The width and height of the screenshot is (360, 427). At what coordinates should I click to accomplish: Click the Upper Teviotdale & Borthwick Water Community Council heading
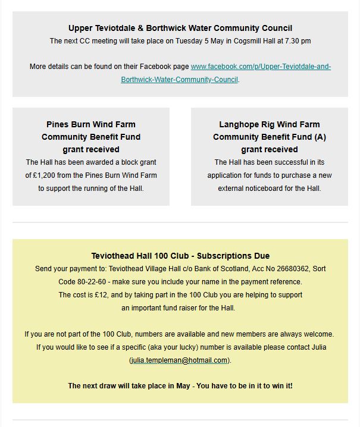[180, 28]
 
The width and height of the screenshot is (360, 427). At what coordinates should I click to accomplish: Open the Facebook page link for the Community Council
[260, 67]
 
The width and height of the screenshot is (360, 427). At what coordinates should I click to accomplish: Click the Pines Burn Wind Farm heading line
[90, 124]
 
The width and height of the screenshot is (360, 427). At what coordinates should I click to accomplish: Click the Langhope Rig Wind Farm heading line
[269, 124]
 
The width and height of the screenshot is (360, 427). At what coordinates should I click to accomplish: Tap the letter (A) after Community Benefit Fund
[320, 137]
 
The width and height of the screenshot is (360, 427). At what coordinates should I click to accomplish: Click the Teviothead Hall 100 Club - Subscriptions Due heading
[180, 256]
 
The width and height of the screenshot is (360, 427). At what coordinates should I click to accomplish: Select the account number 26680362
[283, 269]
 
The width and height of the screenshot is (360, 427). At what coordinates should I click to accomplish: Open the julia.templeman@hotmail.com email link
[179, 360]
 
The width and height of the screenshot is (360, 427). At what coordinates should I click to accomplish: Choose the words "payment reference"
[273, 282]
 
